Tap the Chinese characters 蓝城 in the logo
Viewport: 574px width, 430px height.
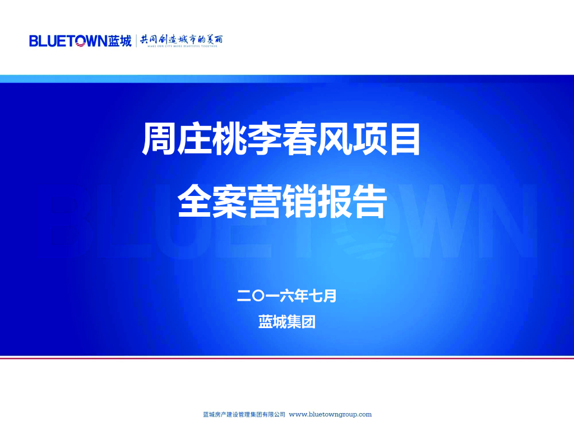tap(120, 41)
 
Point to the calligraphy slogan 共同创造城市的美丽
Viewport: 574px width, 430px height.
tap(182, 40)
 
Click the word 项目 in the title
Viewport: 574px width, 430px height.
tap(386, 139)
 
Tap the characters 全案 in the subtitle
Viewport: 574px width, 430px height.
tap(212, 202)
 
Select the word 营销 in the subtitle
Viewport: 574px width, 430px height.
tap(282, 202)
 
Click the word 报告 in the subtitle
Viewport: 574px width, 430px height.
tap(351, 202)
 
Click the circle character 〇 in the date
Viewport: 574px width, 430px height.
tap(258, 296)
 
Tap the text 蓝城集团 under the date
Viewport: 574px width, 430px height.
tap(287, 322)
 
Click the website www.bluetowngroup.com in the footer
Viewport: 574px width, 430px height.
tap(330, 415)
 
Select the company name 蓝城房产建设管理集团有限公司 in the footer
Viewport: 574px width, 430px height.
tap(244, 415)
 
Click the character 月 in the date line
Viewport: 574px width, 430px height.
tap(330, 296)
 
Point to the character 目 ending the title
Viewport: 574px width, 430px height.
tap(404, 139)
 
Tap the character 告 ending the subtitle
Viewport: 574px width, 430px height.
tap(369, 202)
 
